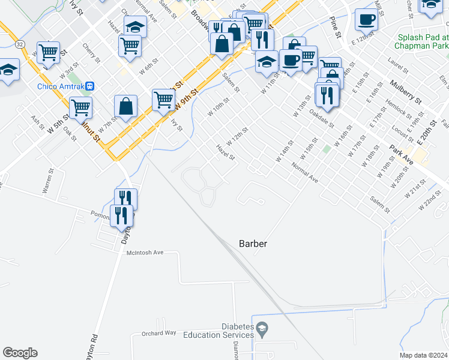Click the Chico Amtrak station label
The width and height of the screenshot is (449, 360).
pos(61,86)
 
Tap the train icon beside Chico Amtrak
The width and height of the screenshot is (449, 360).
pos(90,86)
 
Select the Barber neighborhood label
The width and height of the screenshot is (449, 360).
pos(252,244)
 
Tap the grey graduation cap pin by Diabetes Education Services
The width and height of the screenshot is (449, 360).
pos(262,328)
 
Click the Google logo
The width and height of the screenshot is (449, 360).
pos(20,353)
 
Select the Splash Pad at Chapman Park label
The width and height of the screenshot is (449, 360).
pos(423,41)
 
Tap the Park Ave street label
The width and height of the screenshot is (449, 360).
pos(401,148)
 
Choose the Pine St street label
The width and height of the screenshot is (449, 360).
pos(335,27)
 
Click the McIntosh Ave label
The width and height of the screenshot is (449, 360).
pos(145,253)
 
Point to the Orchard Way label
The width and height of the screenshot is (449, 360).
pos(158,332)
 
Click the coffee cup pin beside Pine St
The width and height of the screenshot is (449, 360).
pos(366,20)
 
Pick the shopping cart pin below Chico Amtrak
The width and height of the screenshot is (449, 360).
pos(80,109)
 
